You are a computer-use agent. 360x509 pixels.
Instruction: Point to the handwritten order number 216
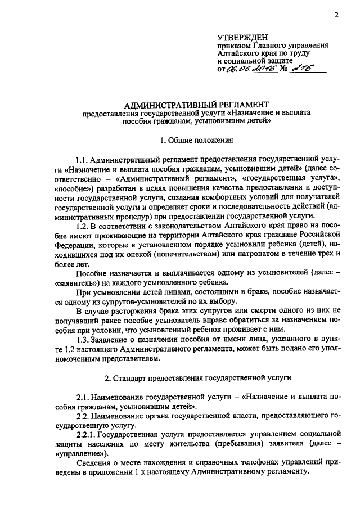(x=304, y=68)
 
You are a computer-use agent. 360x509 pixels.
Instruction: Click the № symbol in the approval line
(x=283, y=69)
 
